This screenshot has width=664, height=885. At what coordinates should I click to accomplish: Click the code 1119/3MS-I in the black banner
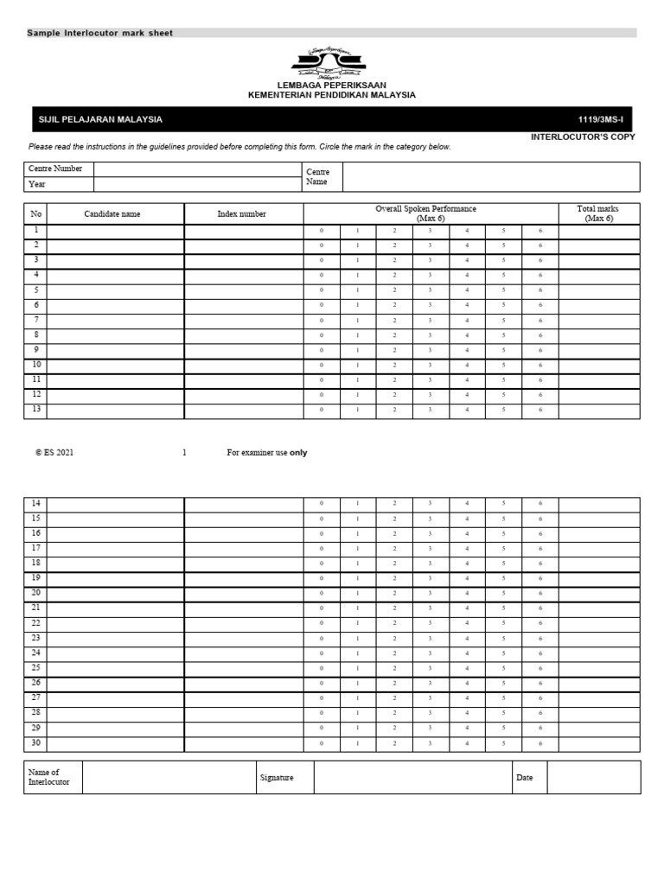click(x=606, y=119)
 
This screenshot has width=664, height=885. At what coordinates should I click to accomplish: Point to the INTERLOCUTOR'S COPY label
click(x=583, y=137)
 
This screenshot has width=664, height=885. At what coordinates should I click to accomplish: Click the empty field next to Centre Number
click(x=197, y=169)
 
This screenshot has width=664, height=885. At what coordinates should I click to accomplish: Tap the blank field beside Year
click(x=197, y=184)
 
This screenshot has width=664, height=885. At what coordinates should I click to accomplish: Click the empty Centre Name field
click(x=490, y=177)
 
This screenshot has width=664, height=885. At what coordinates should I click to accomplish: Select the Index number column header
click(x=242, y=214)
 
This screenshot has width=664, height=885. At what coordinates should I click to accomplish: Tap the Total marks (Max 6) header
click(x=598, y=214)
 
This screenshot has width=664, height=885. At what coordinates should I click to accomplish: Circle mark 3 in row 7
click(x=430, y=321)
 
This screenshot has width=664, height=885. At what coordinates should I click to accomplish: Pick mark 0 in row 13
click(x=321, y=410)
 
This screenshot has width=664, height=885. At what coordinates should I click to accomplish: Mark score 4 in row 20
click(x=467, y=594)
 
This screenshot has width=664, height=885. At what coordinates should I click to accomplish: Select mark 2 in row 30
click(x=394, y=743)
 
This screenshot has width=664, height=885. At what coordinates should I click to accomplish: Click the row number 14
click(x=35, y=503)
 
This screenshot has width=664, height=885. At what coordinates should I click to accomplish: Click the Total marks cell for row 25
click(x=598, y=668)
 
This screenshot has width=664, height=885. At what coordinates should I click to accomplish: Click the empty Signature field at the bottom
click(x=412, y=778)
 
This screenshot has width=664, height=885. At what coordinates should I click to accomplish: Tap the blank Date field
click(x=593, y=778)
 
